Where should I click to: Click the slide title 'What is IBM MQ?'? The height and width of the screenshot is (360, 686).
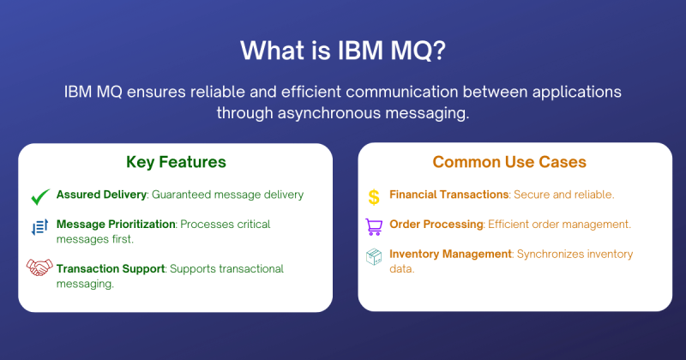point(343,51)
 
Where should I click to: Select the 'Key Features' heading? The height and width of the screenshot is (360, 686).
point(176,162)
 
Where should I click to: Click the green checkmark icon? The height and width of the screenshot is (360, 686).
point(39,196)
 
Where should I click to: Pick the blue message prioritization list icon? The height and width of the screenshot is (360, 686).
point(39,226)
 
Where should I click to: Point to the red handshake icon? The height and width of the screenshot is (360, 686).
point(39,268)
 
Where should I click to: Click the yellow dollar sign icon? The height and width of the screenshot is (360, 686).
point(374,196)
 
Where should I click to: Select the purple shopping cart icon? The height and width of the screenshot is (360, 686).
point(374,226)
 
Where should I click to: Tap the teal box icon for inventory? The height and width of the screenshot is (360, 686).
point(374,256)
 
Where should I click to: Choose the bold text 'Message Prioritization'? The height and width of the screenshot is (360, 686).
point(116,224)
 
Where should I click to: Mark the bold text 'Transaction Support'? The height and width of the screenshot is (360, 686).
point(110,268)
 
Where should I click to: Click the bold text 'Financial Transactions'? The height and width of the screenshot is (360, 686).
point(449,195)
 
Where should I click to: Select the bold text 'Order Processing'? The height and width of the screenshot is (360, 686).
point(436,225)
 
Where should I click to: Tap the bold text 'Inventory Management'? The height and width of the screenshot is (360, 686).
point(450,254)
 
